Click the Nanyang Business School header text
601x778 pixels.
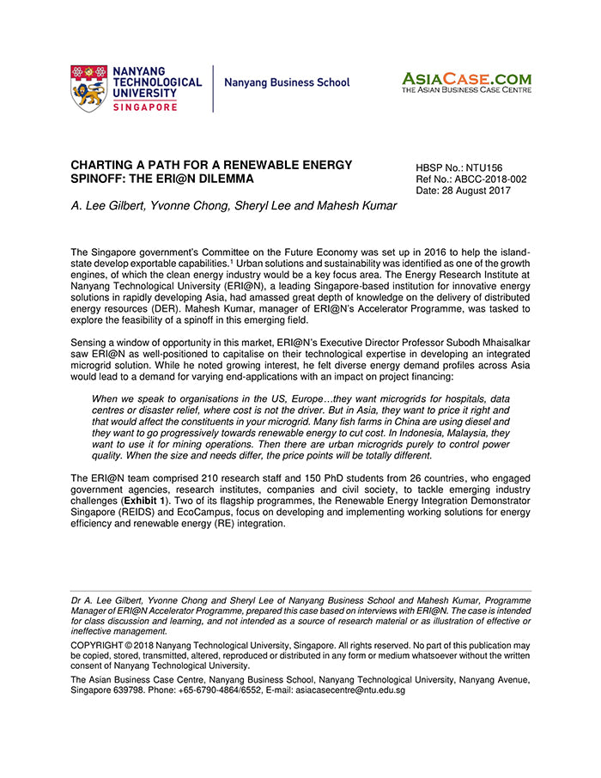coord(287,83)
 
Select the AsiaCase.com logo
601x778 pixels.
coord(466,82)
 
